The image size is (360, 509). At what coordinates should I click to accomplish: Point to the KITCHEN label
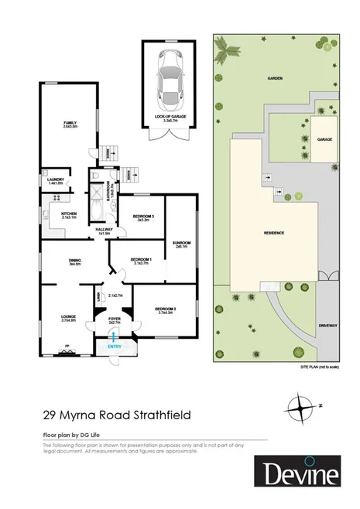click(70, 214)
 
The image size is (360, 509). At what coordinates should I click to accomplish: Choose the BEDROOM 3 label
click(142, 217)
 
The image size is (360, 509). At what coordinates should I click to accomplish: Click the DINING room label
click(75, 261)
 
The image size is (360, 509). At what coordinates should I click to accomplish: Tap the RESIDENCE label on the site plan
click(274, 233)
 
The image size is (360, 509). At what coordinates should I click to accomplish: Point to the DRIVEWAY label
click(327, 326)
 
